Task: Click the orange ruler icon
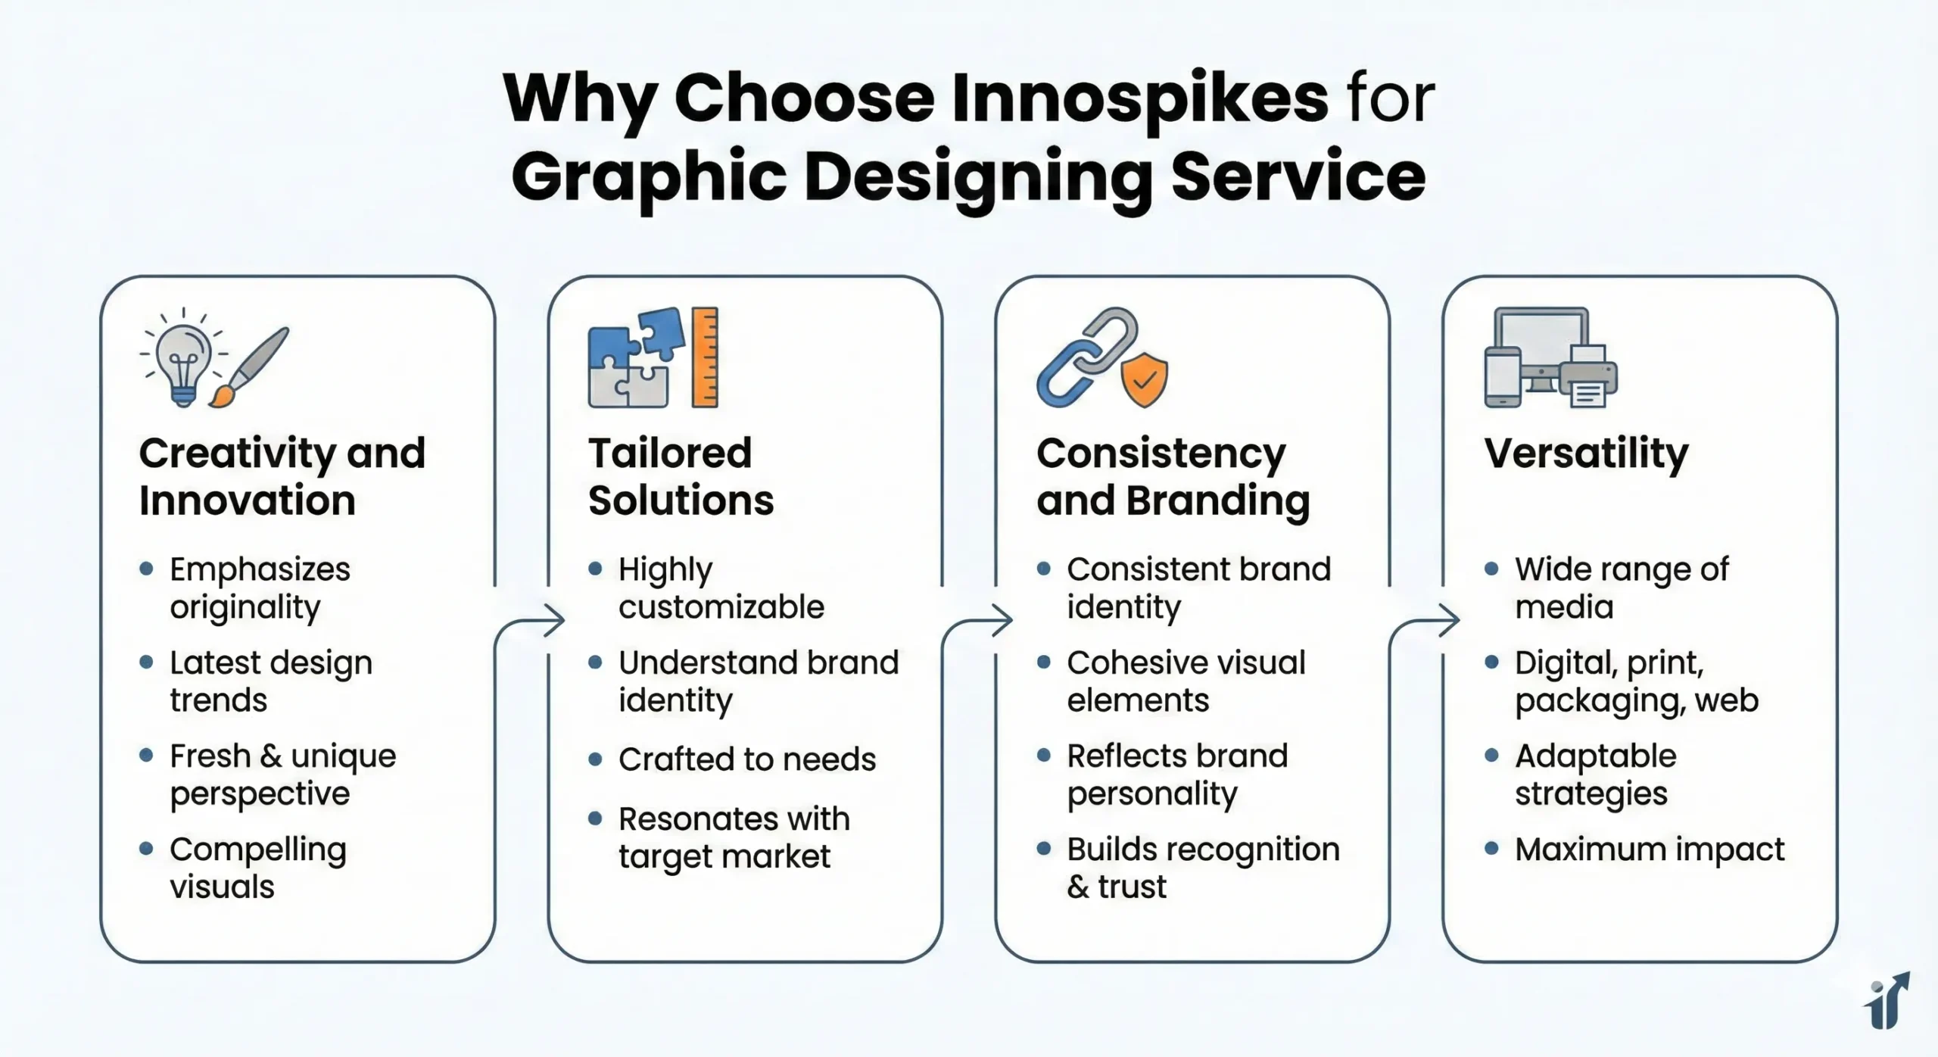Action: (705, 357)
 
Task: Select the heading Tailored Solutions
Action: (681, 476)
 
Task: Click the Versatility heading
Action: (1587, 455)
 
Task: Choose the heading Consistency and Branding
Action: (1173, 476)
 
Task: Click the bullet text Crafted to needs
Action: (747, 759)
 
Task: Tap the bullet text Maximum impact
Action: (1650, 850)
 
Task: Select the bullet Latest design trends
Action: (271, 681)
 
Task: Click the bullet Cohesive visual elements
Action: (1186, 681)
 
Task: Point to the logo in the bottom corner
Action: (1887, 1000)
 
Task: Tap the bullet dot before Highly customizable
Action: (595, 568)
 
